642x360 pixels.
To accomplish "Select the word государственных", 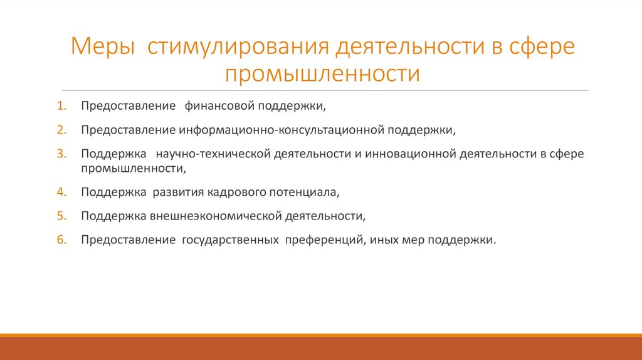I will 231,240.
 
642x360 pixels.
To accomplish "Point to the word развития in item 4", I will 177,191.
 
